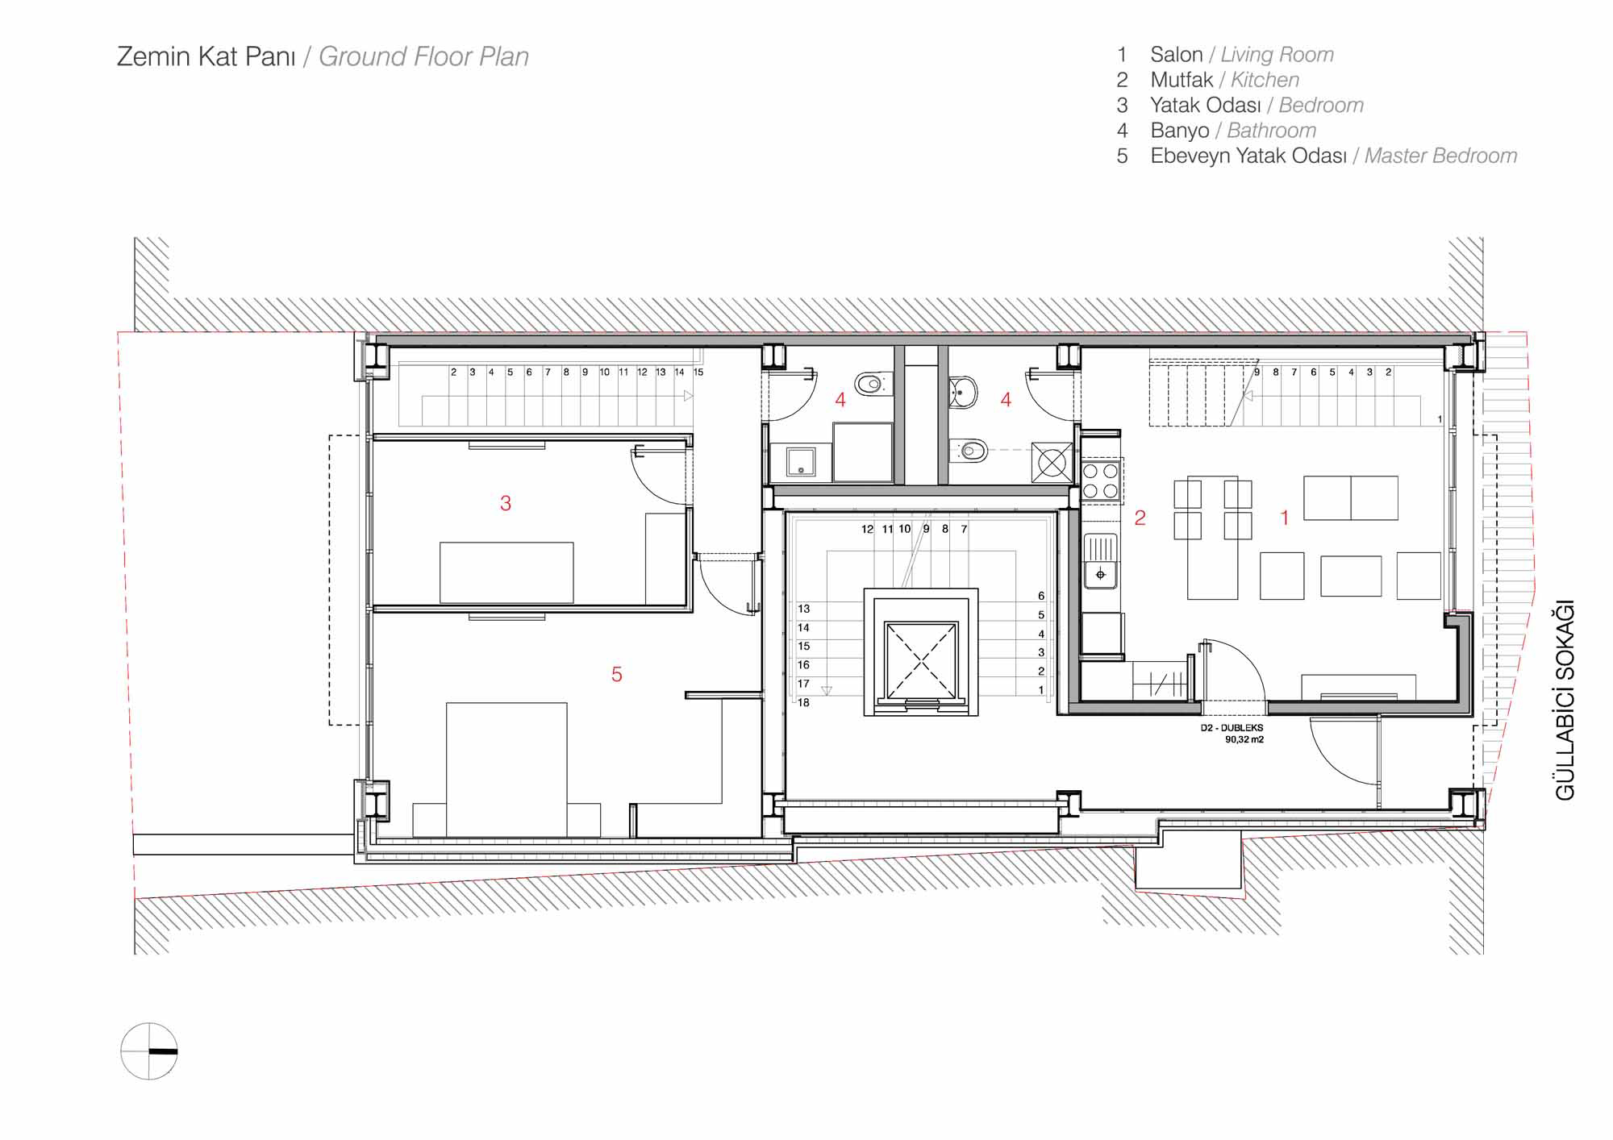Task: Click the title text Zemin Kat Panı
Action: coord(206,56)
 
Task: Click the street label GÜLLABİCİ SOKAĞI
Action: coord(1565,700)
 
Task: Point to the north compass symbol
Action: coord(149,1051)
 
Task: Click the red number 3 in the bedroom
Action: coord(506,503)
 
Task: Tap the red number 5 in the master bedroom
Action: coord(617,674)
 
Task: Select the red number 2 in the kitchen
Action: coord(1140,518)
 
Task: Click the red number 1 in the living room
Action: coord(1285,518)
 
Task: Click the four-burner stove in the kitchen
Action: coord(1101,480)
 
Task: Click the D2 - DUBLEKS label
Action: coord(1232,728)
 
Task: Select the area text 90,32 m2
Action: coord(1244,739)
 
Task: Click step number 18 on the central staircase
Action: coord(803,702)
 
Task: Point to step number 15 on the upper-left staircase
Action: coord(698,372)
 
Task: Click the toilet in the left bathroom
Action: coord(872,385)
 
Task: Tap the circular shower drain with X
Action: coord(1052,463)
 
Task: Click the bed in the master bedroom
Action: coord(506,769)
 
